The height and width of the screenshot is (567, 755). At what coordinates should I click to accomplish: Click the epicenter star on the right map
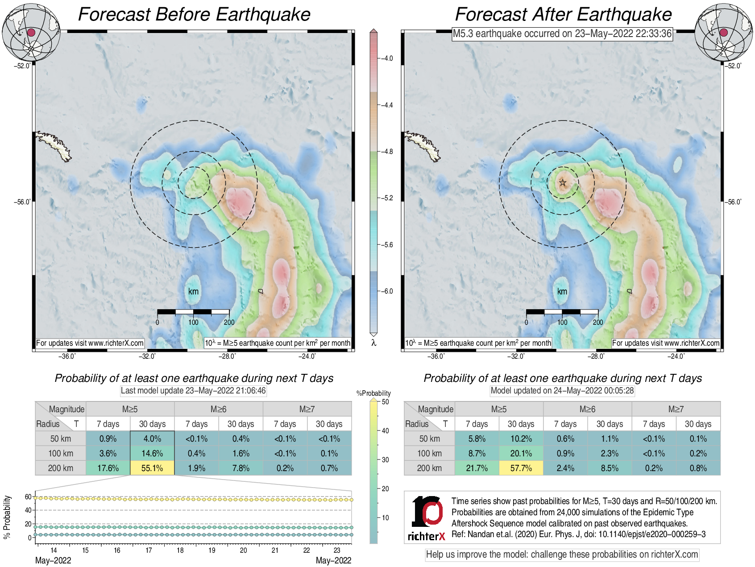563,182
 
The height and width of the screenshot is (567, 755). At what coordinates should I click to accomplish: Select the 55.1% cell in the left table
152,468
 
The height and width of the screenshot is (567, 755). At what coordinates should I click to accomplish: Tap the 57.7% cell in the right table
521,468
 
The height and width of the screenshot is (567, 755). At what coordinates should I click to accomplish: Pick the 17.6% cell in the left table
108,468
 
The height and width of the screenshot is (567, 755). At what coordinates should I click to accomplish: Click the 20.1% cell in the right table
521,453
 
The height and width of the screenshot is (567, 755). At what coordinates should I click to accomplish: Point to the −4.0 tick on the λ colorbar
386,58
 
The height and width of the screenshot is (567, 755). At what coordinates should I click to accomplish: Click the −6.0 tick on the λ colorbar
386,291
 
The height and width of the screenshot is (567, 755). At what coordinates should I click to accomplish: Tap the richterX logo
427,518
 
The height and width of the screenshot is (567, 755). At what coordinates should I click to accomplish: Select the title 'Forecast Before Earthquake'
194,15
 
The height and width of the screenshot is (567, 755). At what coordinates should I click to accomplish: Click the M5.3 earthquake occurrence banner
562,33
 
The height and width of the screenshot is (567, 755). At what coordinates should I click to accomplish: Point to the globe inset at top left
31,32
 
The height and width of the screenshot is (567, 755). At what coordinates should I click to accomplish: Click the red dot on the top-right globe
724,32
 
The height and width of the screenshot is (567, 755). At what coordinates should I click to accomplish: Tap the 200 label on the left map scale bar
229,322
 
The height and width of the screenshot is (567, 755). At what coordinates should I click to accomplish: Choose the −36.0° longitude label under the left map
67,356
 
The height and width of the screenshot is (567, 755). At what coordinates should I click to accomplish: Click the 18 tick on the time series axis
180,550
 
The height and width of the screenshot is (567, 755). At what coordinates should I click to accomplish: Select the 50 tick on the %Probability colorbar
385,402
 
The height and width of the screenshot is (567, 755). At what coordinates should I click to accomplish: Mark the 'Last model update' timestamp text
193,391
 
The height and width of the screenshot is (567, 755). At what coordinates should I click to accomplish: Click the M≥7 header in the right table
676,409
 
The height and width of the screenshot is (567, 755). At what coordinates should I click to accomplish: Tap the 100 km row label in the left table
61,453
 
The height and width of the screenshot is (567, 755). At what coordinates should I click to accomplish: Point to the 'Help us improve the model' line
562,555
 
